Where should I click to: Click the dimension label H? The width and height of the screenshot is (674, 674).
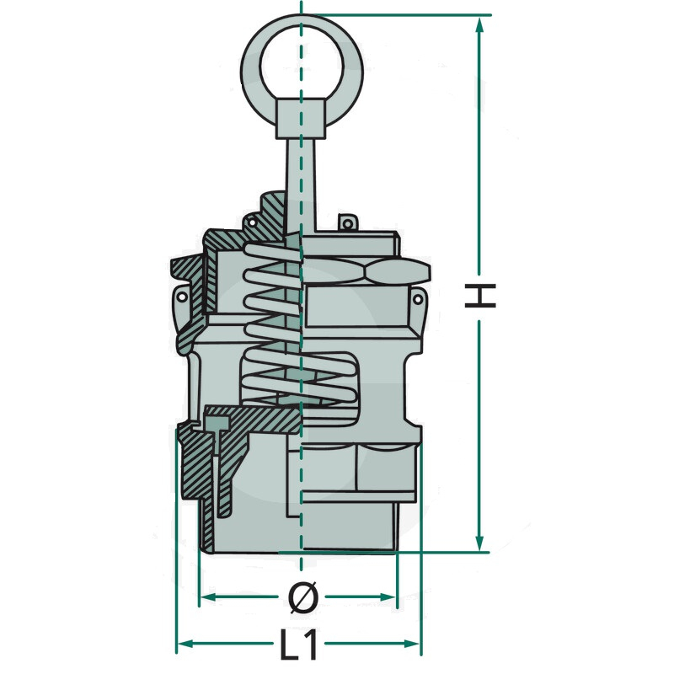click(480, 296)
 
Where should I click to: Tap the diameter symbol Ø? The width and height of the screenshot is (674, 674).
click(302, 596)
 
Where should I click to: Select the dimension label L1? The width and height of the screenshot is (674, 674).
click(299, 644)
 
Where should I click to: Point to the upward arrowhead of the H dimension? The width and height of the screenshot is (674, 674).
click(480, 26)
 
